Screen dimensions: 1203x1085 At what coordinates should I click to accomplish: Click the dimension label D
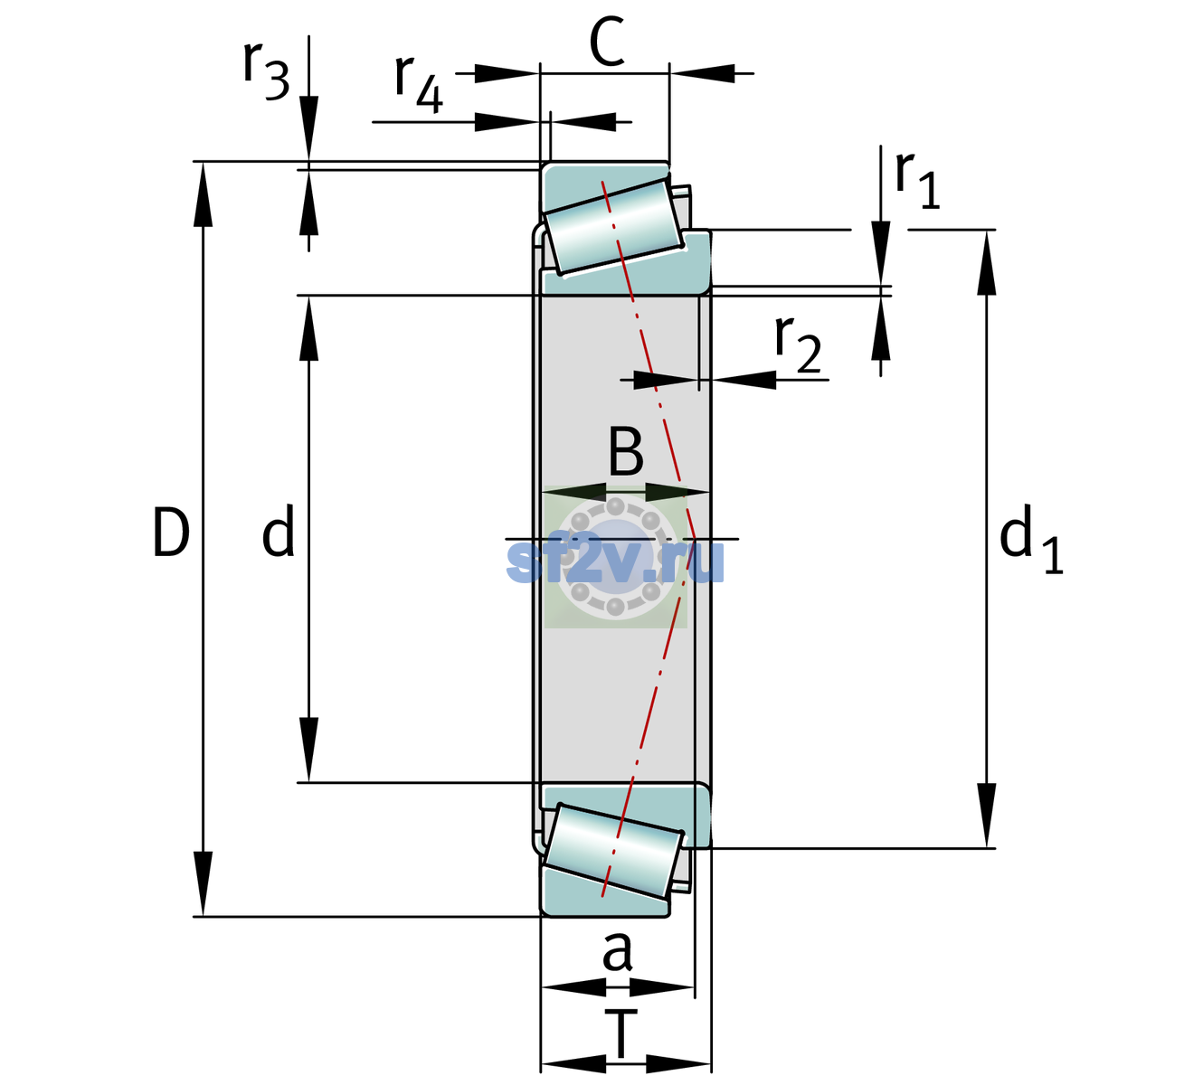[171, 533]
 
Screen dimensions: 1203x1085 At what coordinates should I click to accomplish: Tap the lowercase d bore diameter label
[279, 531]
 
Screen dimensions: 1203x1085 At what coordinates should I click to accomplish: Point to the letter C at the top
[607, 42]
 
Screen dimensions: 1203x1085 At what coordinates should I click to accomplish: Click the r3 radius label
[266, 71]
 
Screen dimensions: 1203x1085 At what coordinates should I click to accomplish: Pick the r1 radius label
[917, 180]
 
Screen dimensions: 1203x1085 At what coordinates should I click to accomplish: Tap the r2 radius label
[798, 344]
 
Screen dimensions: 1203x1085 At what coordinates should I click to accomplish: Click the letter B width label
[626, 451]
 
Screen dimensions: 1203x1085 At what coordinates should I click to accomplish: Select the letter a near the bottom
[618, 951]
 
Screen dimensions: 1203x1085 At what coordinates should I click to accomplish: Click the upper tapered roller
[613, 226]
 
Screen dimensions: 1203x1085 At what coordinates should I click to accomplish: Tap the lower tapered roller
[613, 852]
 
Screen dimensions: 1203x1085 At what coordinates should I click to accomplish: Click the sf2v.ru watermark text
[616, 561]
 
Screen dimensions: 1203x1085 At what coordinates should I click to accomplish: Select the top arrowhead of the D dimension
[203, 194]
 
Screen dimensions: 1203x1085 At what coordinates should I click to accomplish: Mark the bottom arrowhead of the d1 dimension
[987, 816]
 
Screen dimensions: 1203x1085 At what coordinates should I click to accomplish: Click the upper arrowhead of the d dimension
[308, 328]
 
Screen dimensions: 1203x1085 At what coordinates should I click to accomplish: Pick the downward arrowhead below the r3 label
[308, 128]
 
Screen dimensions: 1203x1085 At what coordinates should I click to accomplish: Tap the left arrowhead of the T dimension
[574, 1064]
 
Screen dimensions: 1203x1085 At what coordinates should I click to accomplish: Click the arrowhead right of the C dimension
[702, 73]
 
